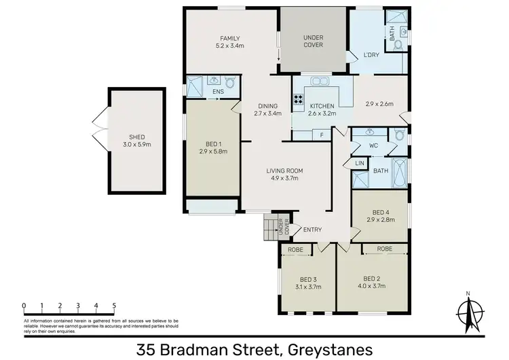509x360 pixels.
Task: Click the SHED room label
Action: click(136, 137)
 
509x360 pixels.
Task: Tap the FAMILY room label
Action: click(230, 38)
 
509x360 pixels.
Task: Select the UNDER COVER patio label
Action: click(312, 41)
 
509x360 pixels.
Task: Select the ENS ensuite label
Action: click(218, 91)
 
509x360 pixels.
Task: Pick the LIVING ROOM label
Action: click(285, 170)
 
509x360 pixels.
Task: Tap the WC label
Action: click(373, 145)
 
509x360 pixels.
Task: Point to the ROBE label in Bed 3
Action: click(296, 250)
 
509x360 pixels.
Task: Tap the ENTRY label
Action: click(312, 230)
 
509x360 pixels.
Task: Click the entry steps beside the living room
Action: click(273, 227)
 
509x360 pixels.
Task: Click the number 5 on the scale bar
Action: click(114, 306)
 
